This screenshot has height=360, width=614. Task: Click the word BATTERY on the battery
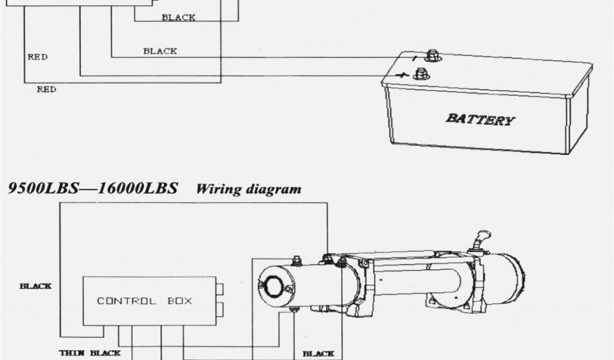point(480,119)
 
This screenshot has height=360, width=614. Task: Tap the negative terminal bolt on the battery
point(432,56)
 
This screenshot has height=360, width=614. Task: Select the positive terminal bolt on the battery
point(421,73)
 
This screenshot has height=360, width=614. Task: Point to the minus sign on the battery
point(414,58)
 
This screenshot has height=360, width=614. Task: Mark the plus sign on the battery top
point(403,76)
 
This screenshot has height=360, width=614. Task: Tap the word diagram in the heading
point(273,190)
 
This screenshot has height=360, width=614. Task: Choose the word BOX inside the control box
point(179,301)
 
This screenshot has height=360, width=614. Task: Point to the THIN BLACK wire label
point(89,353)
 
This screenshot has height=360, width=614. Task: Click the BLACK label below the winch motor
point(318,353)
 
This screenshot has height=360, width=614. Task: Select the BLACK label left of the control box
point(35,286)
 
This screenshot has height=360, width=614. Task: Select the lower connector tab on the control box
point(219,310)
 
